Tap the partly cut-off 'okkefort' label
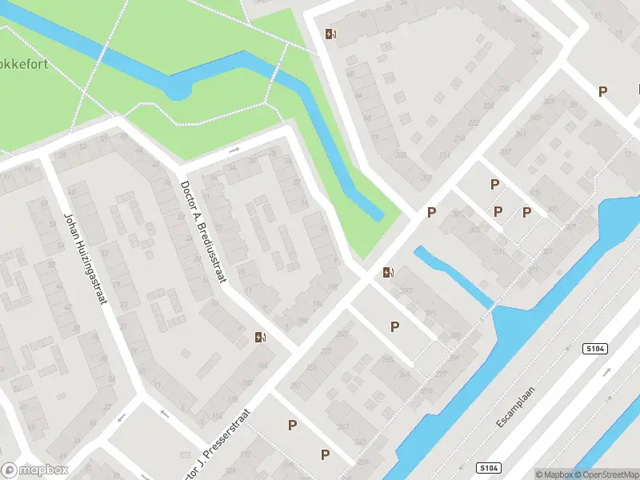[24, 63]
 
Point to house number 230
[504, 88]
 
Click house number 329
[548, 102]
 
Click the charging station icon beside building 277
[388, 272]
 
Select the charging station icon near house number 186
[259, 337]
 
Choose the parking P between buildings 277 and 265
[394, 326]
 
